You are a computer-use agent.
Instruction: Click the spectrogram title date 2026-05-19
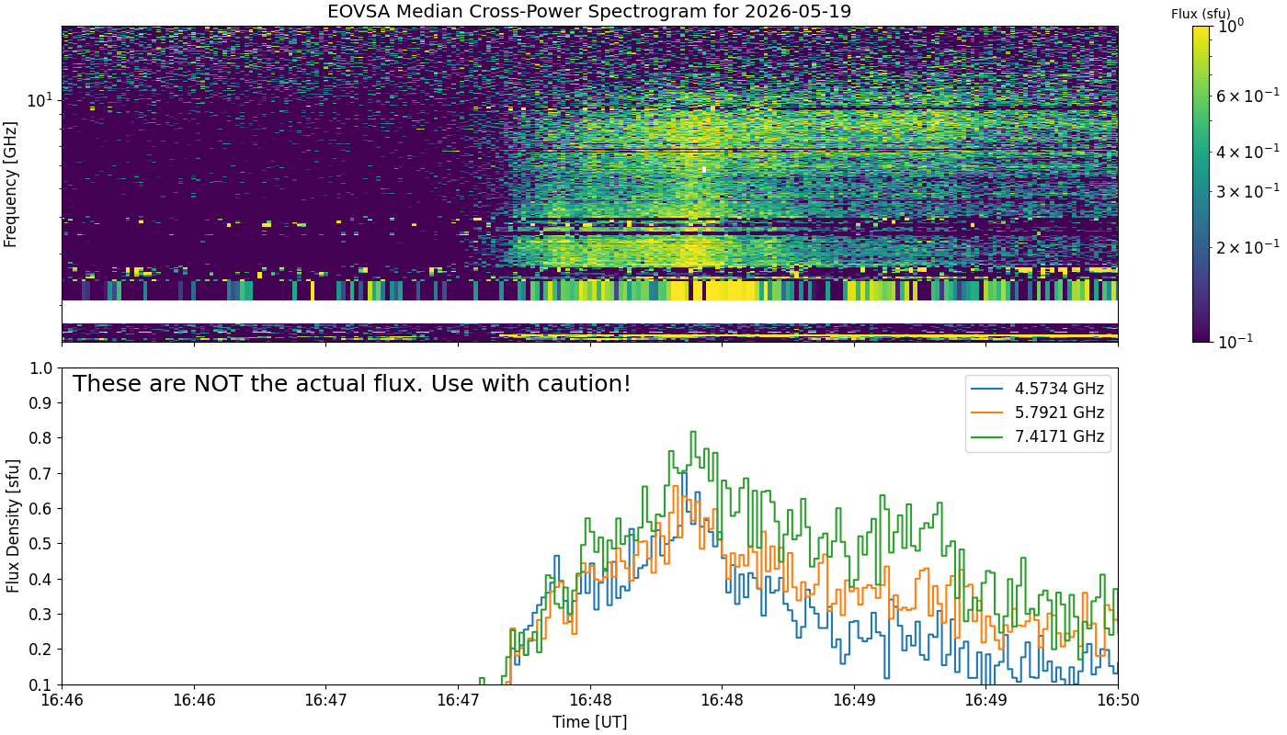coord(798,11)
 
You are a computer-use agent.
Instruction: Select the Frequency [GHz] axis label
coord(10,185)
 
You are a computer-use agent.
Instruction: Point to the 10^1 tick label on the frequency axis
coord(40,100)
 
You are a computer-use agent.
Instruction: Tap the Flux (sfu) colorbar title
coord(1201,14)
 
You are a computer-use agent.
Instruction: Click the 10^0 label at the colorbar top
coord(1230,26)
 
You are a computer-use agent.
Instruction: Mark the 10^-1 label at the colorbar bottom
coord(1236,341)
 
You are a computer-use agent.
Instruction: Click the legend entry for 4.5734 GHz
coord(1038,389)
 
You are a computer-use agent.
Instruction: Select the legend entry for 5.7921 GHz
coord(1038,413)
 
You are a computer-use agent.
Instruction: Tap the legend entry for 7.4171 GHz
coord(1038,436)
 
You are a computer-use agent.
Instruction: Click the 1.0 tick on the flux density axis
coord(40,368)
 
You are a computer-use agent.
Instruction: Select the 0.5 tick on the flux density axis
coord(40,544)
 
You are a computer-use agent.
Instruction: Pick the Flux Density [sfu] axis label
coord(12,526)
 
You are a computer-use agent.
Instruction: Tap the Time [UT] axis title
coord(589,722)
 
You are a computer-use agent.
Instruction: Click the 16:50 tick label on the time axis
coord(1118,700)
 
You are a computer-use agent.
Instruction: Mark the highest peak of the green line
coord(693,432)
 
